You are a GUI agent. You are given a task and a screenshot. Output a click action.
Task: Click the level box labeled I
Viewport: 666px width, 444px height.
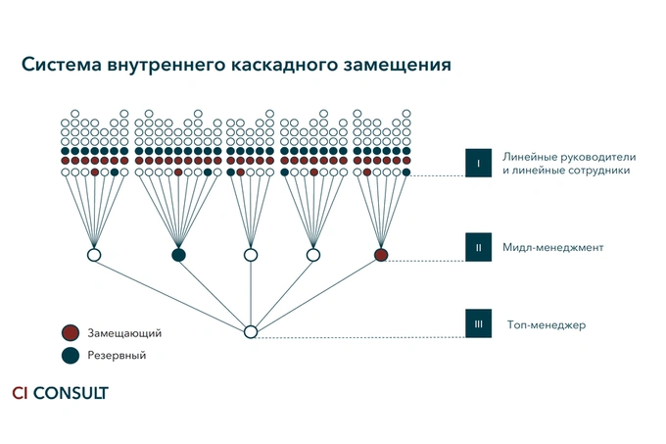pyautogui.click(x=478, y=163)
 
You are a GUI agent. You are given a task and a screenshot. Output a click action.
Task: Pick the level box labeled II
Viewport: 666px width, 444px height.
pyautogui.click(x=478, y=247)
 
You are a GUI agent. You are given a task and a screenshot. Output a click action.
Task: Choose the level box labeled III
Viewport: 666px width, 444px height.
pyautogui.click(x=478, y=324)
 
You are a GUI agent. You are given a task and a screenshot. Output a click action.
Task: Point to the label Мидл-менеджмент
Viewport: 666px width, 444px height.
pyautogui.click(x=552, y=248)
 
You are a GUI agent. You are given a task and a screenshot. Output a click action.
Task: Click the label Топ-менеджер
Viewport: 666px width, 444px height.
pyautogui.click(x=546, y=324)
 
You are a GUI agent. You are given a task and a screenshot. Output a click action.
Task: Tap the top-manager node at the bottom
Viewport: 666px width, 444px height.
pyautogui.click(x=250, y=332)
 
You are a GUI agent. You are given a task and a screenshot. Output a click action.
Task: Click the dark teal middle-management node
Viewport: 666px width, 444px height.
pyautogui.click(x=178, y=255)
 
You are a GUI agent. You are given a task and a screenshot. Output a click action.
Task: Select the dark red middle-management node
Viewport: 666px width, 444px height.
pyautogui.click(x=381, y=255)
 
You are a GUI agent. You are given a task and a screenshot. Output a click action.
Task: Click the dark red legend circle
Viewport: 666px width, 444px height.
pyautogui.click(x=69, y=332)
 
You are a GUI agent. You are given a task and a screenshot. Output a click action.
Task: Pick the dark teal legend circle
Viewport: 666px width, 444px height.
pyautogui.click(x=69, y=355)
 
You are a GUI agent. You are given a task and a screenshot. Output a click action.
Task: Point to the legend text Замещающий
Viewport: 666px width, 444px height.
pyautogui.click(x=123, y=333)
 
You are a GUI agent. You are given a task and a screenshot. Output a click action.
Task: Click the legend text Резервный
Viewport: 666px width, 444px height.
pyautogui.click(x=117, y=356)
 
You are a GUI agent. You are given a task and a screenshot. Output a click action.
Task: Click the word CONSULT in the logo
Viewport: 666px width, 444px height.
pyautogui.click(x=71, y=393)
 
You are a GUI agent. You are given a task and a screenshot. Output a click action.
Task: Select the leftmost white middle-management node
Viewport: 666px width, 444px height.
pyautogui.click(x=95, y=255)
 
